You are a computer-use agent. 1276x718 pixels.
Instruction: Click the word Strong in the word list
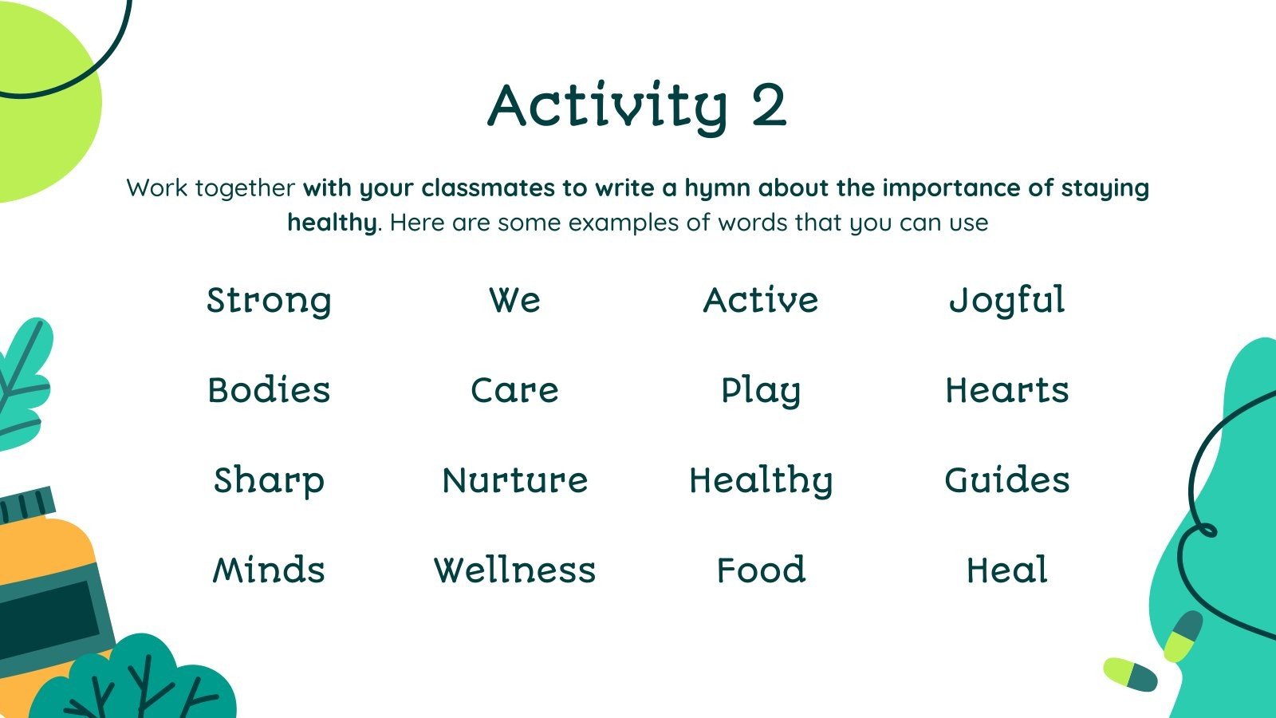[x=269, y=302]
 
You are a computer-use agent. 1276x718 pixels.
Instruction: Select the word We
[x=515, y=301]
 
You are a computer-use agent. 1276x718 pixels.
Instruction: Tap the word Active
[x=761, y=301]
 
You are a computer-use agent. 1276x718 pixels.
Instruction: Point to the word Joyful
[x=1007, y=302]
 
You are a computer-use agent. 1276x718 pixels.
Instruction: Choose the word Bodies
[x=269, y=391]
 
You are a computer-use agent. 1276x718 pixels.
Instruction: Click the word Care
[x=515, y=391]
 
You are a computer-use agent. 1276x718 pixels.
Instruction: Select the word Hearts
[x=1007, y=391]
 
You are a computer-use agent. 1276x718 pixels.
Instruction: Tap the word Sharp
[x=269, y=481]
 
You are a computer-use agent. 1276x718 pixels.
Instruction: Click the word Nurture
[x=515, y=480]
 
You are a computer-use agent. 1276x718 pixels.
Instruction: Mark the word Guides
[x=1007, y=480]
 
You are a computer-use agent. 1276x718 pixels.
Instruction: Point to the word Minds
[x=269, y=570]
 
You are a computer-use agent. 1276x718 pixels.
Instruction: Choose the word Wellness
[x=515, y=570]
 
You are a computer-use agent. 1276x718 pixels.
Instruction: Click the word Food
[x=761, y=570]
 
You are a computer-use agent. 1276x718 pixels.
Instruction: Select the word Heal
[x=1007, y=570]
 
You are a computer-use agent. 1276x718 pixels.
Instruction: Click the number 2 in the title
[x=768, y=105]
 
